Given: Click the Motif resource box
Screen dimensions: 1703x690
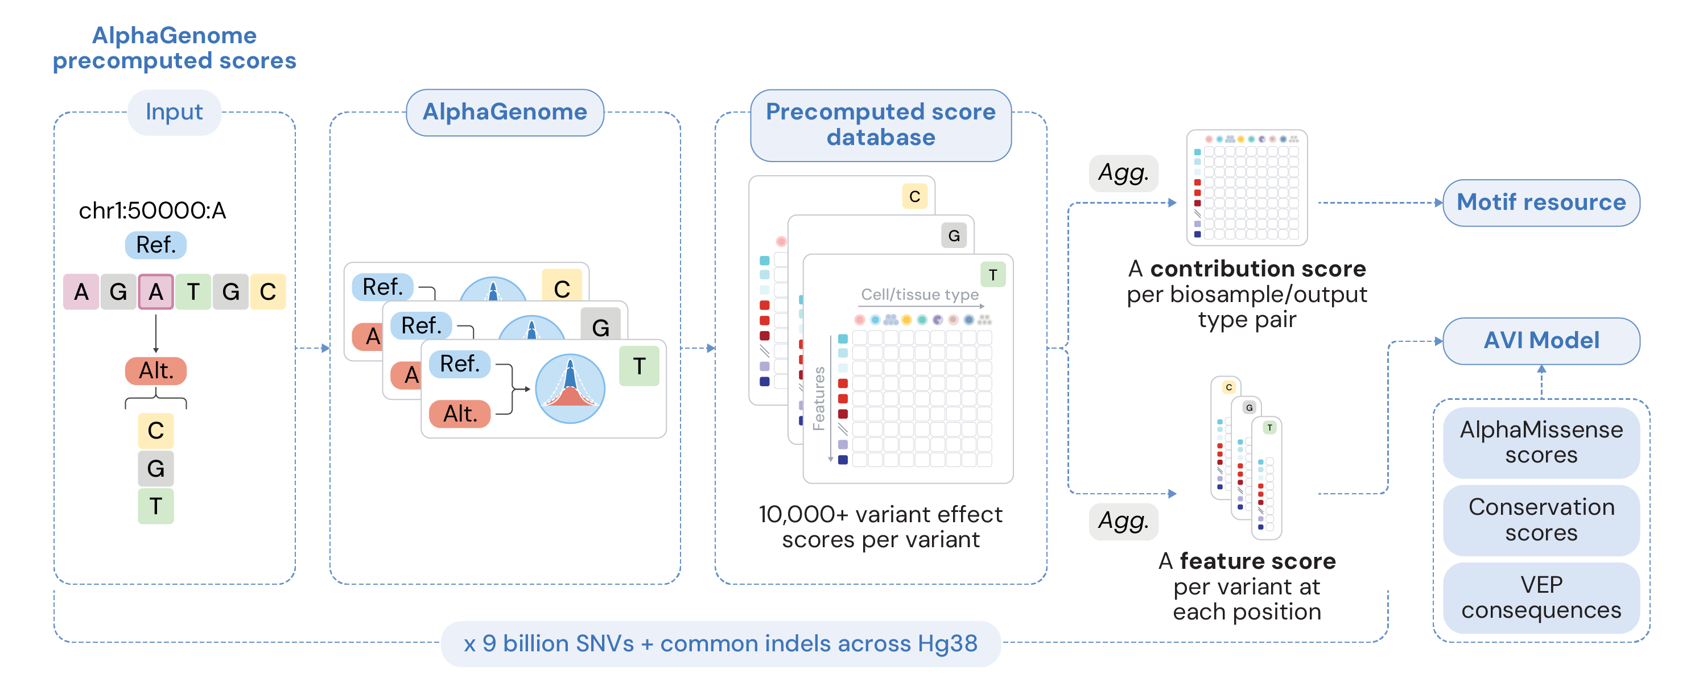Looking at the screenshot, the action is pos(1541,203).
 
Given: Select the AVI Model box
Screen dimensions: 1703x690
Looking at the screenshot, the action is pos(1541,340).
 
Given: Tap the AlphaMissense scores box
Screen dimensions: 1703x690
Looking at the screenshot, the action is pos(1541,442).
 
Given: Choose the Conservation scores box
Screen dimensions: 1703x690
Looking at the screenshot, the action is pos(1541,519).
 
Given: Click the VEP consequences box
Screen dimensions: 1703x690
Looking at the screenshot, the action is pos(1541,597).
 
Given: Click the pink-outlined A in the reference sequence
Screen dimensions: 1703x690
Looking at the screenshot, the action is pos(156,291).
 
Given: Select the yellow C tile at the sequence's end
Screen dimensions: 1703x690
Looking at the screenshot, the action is pos(268,291).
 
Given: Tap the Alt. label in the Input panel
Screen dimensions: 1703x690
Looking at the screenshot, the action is pos(156,371).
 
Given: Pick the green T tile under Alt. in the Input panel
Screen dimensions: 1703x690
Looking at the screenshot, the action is pos(156,506).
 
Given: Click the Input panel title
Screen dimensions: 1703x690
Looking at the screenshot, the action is pos(175,111).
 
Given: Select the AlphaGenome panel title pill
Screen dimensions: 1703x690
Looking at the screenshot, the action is pos(505,111).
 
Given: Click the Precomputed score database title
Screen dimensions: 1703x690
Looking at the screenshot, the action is pos(881,125).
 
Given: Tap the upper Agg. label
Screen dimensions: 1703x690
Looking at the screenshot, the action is pos(1123,173).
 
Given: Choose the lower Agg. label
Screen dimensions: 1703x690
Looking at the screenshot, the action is pos(1123,522).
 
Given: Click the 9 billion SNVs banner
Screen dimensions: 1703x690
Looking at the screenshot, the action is pos(720,644).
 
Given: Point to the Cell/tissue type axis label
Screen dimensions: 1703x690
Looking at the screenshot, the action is pos(919,295).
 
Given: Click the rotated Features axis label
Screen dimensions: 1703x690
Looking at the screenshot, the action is pos(818,399).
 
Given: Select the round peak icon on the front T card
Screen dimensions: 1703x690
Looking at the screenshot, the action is pos(570,389).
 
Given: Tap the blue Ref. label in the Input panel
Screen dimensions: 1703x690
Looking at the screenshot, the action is pos(156,245).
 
